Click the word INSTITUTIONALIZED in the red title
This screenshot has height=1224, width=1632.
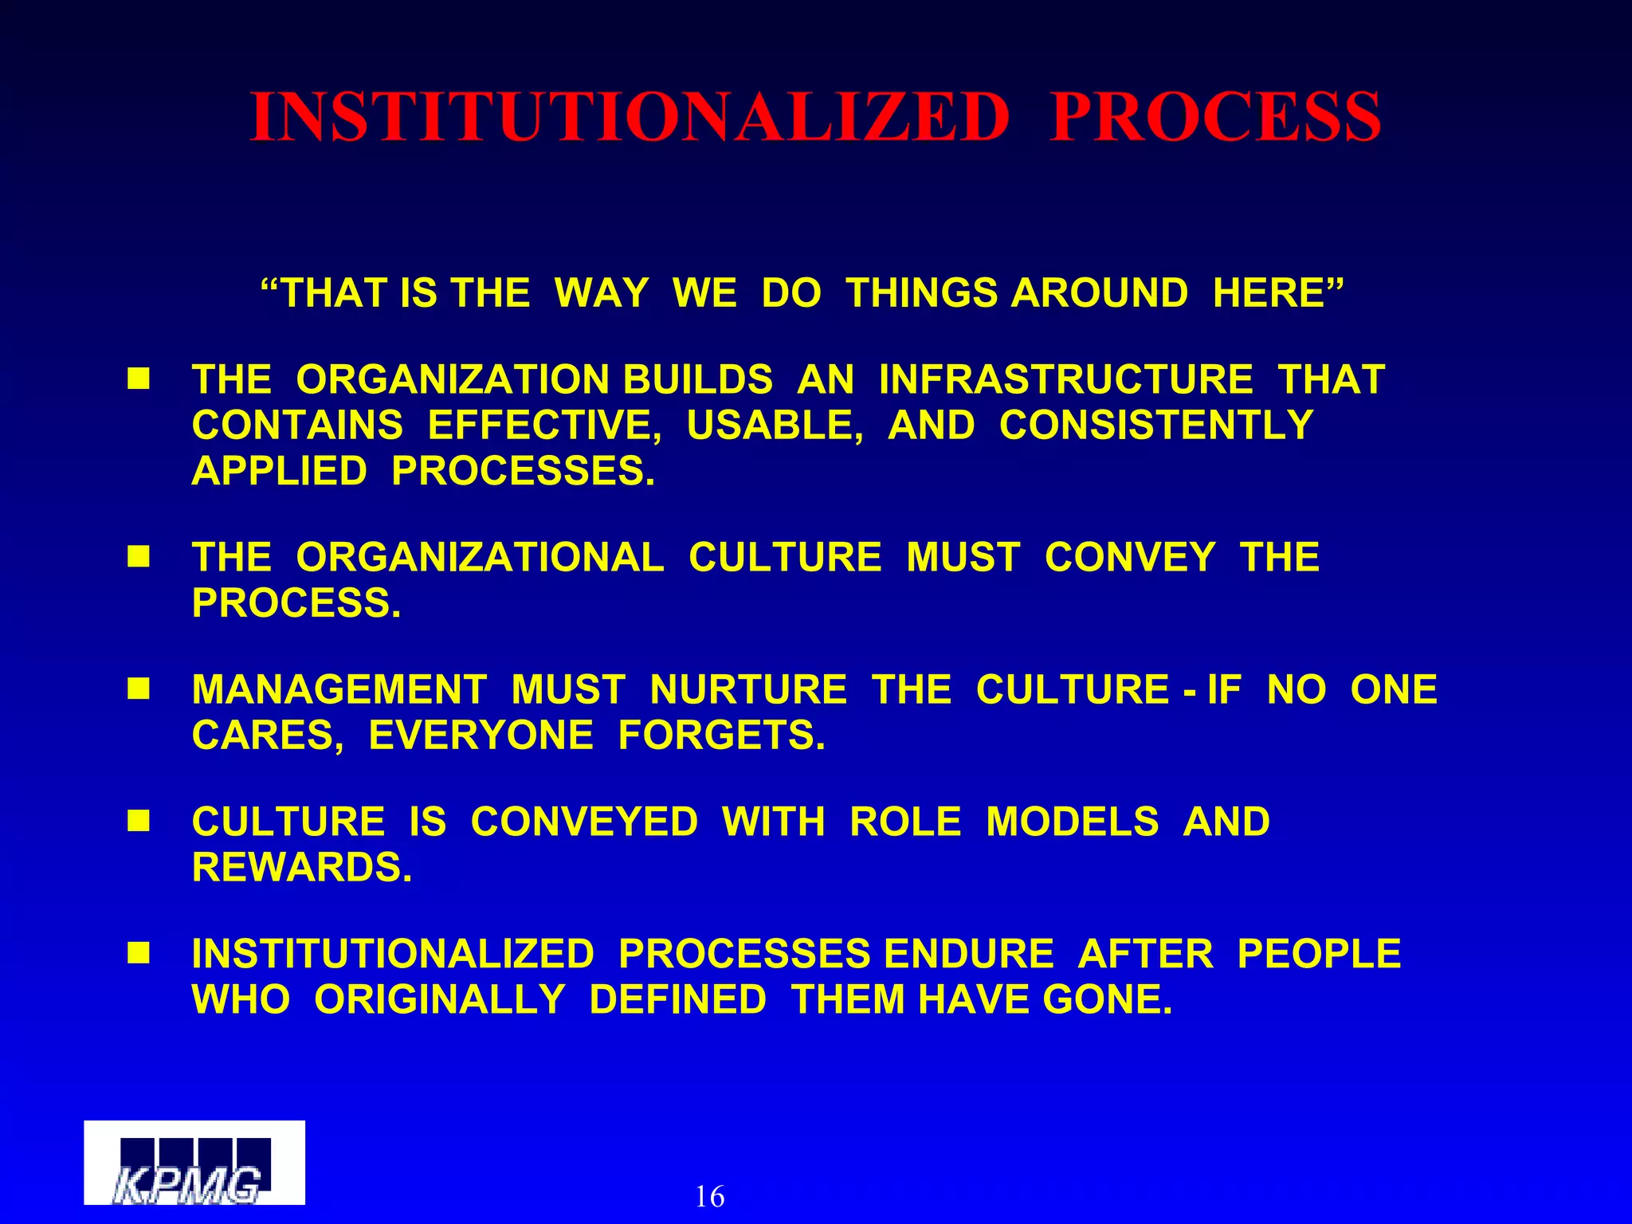(x=630, y=118)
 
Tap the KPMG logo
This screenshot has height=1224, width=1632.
(x=194, y=1163)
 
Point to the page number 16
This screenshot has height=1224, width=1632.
(x=709, y=1196)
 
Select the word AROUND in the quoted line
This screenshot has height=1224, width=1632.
(x=1100, y=293)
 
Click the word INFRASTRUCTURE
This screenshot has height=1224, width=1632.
(x=1065, y=379)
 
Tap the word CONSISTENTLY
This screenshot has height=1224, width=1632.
(x=1155, y=426)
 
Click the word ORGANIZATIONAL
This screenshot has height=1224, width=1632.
(x=480, y=557)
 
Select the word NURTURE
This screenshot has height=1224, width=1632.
(x=747, y=689)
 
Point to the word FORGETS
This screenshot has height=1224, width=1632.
(x=721, y=736)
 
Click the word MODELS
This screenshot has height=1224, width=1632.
(x=1072, y=822)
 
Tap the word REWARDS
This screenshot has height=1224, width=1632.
(x=302, y=868)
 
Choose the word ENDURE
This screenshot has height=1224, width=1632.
(x=968, y=954)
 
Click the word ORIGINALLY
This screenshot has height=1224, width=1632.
(x=439, y=1000)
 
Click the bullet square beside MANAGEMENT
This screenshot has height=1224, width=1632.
(x=139, y=688)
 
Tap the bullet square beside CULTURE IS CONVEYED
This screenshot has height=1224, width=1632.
(x=139, y=821)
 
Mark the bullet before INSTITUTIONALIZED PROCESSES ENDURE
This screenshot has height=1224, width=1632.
(x=139, y=953)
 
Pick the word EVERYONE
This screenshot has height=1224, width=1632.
(x=481, y=736)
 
